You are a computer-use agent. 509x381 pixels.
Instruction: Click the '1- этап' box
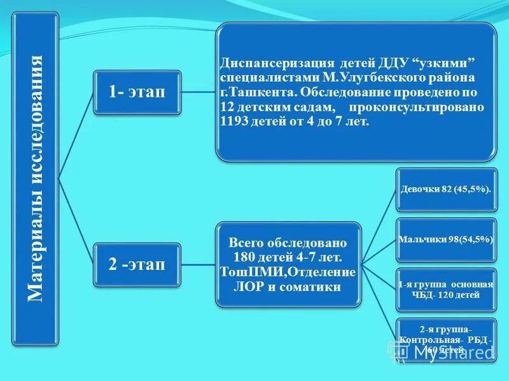click(137, 91)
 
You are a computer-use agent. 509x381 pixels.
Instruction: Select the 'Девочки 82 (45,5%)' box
click(446, 189)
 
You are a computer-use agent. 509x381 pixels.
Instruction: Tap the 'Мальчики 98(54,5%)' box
click(446, 239)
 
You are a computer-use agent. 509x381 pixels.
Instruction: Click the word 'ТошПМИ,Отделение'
click(288, 272)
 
